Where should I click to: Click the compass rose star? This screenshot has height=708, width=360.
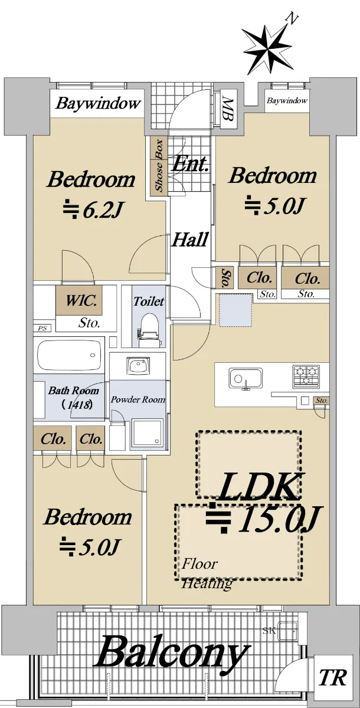click(x=267, y=50)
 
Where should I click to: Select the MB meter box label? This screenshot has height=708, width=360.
click(x=228, y=109)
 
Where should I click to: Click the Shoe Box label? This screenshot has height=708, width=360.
click(x=159, y=166)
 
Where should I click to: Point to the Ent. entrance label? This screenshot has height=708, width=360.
click(x=190, y=165)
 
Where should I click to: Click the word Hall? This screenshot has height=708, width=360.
click(x=190, y=240)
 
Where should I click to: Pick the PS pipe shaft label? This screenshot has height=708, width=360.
click(x=42, y=328)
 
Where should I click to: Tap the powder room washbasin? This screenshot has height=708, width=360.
click(x=138, y=366)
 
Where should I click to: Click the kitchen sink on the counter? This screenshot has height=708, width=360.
click(x=246, y=379)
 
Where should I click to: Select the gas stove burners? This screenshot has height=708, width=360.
click(x=306, y=376)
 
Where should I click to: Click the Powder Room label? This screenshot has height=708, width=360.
click(x=138, y=399)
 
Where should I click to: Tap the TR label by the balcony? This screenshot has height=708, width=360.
click(x=333, y=677)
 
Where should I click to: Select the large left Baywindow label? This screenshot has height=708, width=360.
click(x=97, y=103)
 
